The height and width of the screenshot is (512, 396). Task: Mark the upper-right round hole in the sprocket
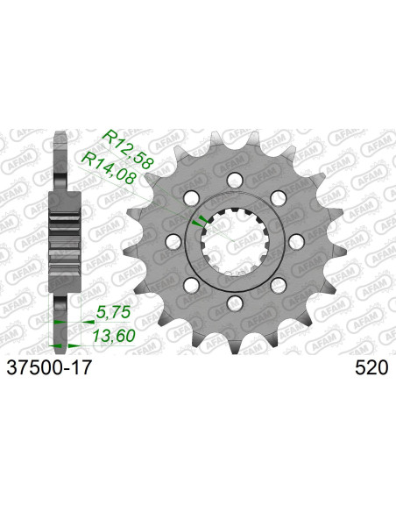pos(276,197)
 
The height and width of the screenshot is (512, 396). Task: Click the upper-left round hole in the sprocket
pos(188,197)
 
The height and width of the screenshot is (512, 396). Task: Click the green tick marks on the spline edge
pos(201,221)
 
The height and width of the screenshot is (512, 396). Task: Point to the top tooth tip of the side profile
pos(60,137)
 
